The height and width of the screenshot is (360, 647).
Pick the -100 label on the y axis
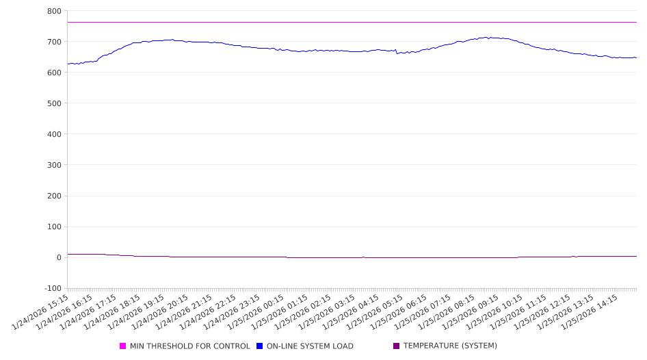pyautogui.click(x=52, y=288)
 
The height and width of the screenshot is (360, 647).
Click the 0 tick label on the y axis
pyautogui.click(x=59, y=257)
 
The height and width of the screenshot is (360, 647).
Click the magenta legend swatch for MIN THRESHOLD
pyautogui.click(x=123, y=346)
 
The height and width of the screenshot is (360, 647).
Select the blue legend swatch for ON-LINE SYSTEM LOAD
pyautogui.click(x=260, y=346)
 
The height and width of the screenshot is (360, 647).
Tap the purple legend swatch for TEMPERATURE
pyautogui.click(x=397, y=346)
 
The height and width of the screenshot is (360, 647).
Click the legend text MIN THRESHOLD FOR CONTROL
pyautogui.click(x=190, y=346)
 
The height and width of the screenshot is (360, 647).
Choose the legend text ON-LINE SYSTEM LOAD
pyautogui.click(x=310, y=346)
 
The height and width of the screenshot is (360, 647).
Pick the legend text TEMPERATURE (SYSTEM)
pyautogui.click(x=450, y=346)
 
